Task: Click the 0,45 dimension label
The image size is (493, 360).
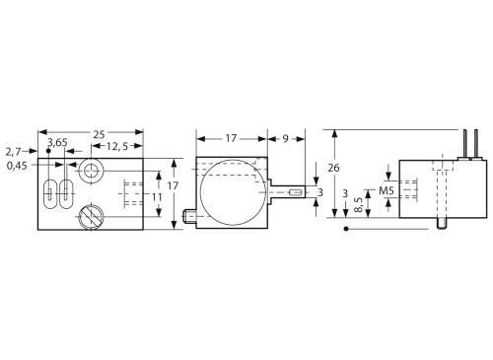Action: (16, 165)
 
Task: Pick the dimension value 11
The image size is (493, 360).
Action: (156, 197)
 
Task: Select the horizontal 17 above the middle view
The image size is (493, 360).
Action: (230, 139)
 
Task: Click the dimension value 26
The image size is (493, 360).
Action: (333, 168)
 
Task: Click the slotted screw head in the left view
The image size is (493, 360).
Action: (89, 213)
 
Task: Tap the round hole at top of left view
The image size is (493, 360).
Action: (92, 173)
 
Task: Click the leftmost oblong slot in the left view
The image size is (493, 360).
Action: (49, 191)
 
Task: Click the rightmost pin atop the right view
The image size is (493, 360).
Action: (475, 145)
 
